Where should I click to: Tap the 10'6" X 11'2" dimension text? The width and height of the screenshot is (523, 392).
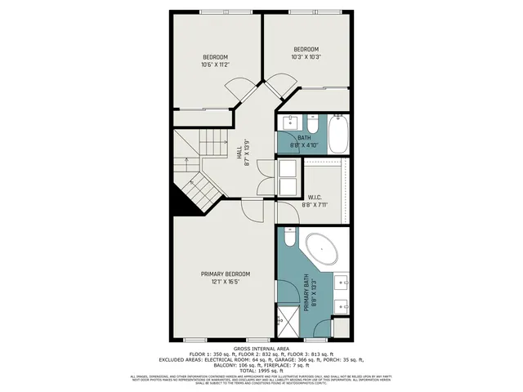[x=216, y=65]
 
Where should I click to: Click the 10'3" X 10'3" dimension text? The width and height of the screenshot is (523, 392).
[x=306, y=56]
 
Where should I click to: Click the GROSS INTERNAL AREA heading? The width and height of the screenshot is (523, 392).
[x=261, y=346]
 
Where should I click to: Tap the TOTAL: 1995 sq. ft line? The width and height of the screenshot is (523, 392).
[x=261, y=368]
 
